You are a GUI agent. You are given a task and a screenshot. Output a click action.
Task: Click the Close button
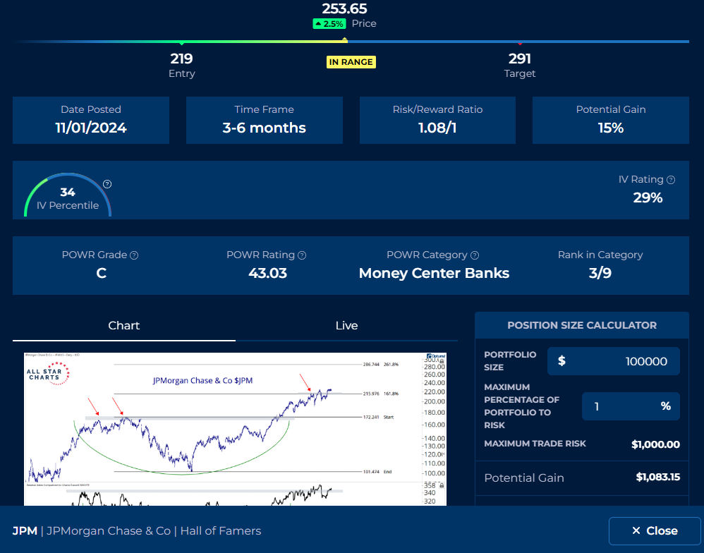654,530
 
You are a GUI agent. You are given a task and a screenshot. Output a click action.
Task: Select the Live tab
346,325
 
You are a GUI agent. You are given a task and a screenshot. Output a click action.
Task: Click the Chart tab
124,325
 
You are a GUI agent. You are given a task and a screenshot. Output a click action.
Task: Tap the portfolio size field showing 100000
614,361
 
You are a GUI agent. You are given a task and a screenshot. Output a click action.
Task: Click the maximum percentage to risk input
621,406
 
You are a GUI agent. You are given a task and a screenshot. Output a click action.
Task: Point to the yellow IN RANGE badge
351,62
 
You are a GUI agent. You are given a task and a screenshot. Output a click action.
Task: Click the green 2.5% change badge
329,24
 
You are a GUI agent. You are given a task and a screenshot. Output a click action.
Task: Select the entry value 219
181,59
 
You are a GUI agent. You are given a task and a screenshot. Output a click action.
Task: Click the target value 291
520,59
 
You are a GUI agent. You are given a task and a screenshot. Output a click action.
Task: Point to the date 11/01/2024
91,128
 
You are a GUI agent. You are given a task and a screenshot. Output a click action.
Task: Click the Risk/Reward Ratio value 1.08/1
437,128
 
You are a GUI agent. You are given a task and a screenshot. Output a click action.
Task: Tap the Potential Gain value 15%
610,128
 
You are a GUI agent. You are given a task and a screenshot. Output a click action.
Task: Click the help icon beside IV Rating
671,180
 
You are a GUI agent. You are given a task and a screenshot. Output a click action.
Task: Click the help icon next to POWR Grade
134,255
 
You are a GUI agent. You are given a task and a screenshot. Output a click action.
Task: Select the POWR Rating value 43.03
268,273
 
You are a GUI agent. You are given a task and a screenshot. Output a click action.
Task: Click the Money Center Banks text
434,273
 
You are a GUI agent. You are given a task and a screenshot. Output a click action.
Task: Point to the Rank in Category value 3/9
600,273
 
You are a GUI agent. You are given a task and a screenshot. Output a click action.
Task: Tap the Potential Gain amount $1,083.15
657,478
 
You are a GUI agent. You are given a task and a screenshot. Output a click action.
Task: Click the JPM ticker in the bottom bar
25,530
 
